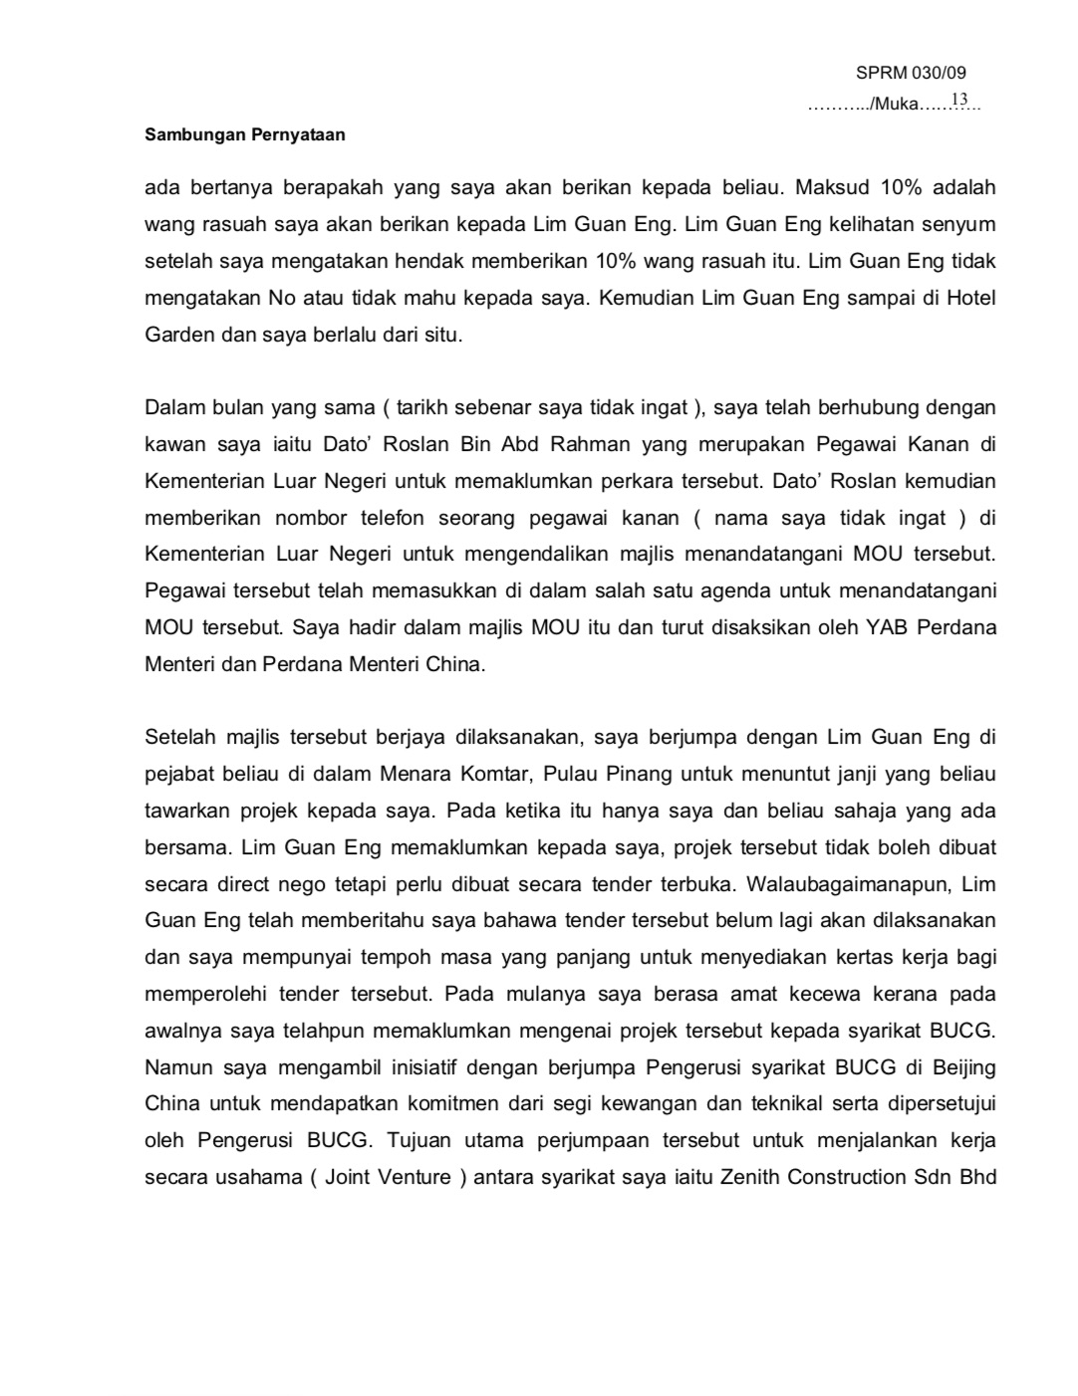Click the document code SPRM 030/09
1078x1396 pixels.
point(911,73)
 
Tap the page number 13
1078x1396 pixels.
point(959,100)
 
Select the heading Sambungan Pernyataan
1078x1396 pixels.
point(245,134)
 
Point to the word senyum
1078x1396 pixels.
point(962,225)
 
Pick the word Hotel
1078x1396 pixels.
point(970,298)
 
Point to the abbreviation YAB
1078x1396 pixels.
point(875,627)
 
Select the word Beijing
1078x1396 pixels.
point(963,1067)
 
